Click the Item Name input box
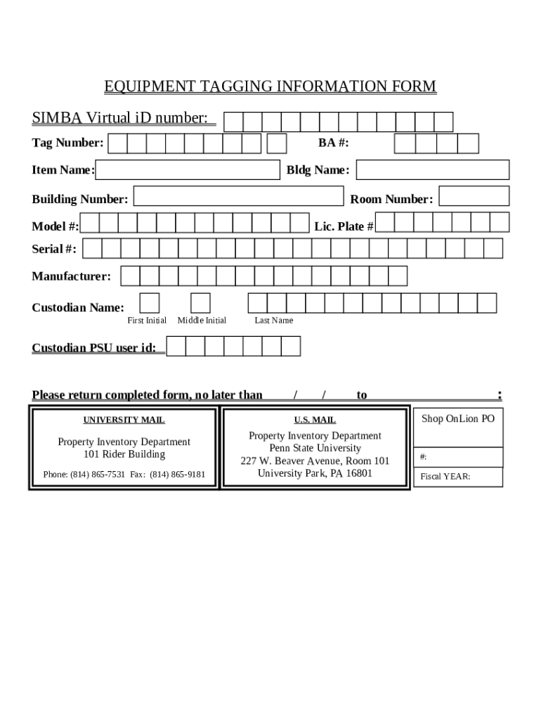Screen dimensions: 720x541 (188, 170)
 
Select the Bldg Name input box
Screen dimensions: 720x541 (432, 170)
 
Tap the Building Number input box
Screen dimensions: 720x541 (238, 196)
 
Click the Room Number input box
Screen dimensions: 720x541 (474, 196)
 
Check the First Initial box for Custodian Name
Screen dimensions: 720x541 (149, 303)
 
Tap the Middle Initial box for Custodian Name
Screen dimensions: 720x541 (200, 303)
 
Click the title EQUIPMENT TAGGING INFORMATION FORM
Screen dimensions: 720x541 (270, 86)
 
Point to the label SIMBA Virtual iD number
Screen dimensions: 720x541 (120, 117)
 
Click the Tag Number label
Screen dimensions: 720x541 (67, 143)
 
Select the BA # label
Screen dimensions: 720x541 (334, 143)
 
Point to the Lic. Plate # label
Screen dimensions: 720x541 (344, 226)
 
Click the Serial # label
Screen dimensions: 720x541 (54, 249)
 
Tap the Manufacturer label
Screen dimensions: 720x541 (71, 276)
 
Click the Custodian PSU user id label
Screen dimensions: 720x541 (94, 347)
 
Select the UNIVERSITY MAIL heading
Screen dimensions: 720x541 (124, 420)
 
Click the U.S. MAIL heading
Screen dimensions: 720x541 (315, 420)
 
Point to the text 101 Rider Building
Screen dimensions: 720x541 (124, 454)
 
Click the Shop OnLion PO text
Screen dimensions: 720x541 (458, 419)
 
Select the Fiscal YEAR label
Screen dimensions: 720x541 (445, 477)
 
